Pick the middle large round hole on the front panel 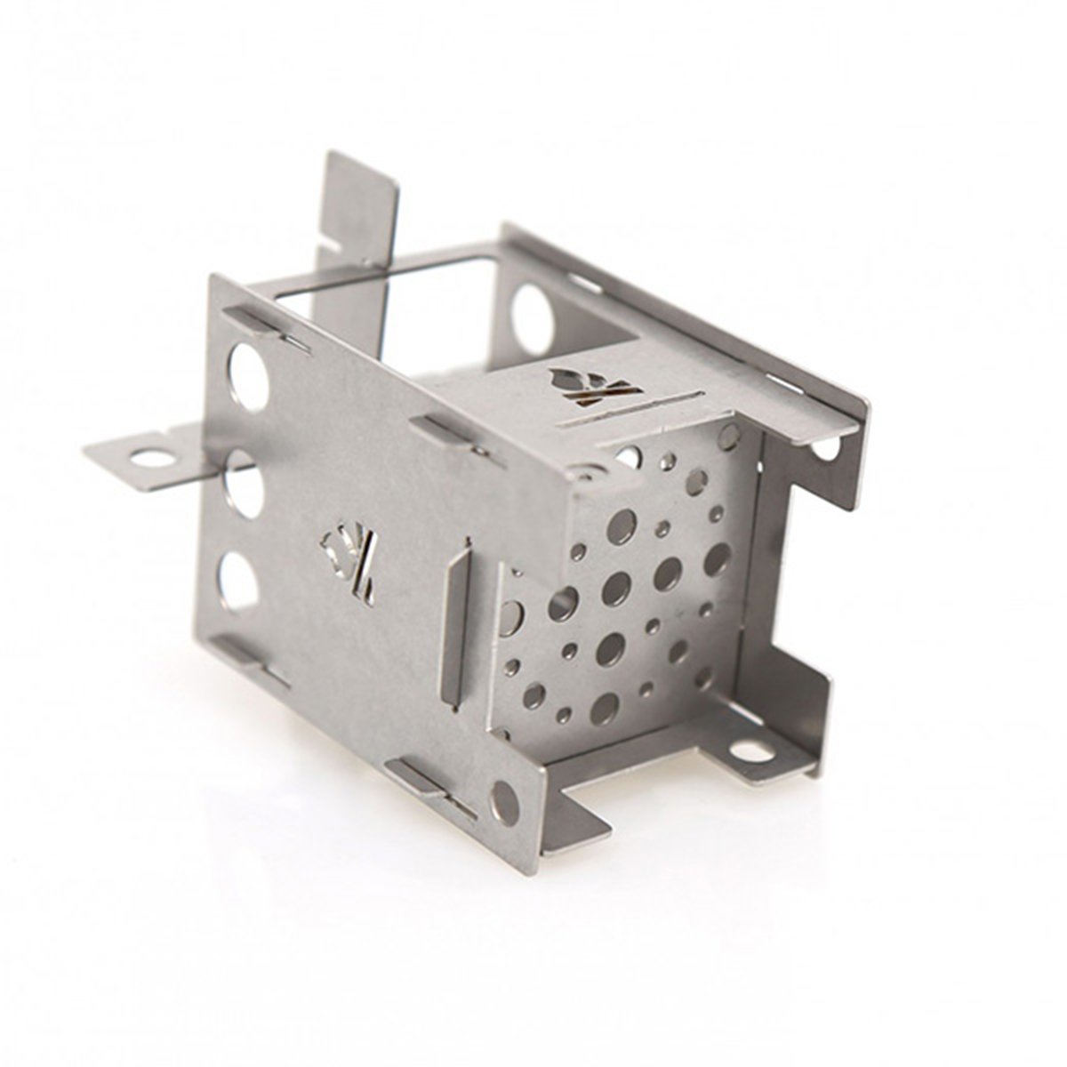point(243,484)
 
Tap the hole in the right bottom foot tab point(751,751)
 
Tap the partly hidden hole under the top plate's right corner point(824,449)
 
